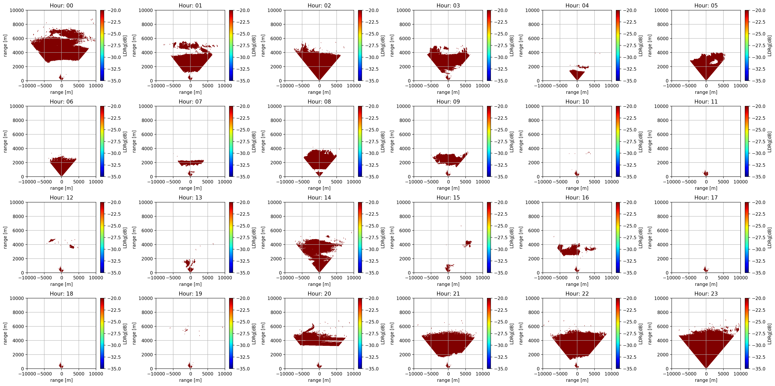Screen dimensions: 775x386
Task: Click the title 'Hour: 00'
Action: tap(61, 5)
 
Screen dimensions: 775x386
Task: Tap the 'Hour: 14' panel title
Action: tap(319, 198)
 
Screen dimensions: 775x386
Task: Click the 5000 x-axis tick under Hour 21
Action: tap(465, 374)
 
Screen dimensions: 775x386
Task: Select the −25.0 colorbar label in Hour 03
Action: tap(501, 34)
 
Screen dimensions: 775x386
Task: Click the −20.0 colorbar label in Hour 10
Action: tap(630, 106)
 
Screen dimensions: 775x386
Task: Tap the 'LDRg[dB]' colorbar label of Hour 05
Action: tap(769, 46)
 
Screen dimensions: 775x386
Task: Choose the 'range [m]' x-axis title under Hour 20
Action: tap(319, 380)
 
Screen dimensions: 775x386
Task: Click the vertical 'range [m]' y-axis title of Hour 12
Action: tap(5, 238)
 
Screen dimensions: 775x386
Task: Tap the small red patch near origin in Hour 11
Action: tap(706, 173)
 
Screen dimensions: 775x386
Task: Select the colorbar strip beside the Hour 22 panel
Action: tap(618, 333)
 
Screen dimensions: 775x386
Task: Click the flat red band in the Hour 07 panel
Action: tap(191, 163)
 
